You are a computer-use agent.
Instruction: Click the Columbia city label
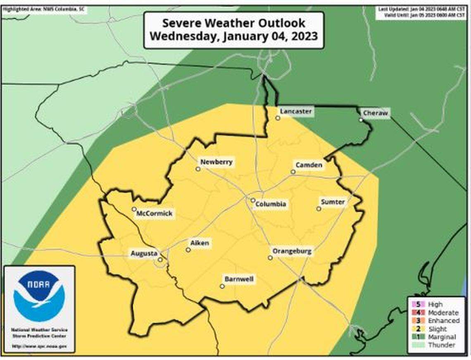tap(271, 204)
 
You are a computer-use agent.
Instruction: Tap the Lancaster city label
tap(295, 111)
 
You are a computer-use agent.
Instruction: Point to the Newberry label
tap(216, 162)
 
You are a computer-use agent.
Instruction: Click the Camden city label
tap(309, 165)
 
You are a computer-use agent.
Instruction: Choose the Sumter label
tap(333, 202)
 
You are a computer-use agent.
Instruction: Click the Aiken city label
tap(200, 243)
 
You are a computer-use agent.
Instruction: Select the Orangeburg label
tap(291, 251)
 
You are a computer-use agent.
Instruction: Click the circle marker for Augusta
tap(160, 260)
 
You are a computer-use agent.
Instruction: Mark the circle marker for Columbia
tap(253, 200)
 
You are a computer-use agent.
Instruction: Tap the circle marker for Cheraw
tap(361, 120)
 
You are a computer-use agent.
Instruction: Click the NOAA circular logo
tap(39, 296)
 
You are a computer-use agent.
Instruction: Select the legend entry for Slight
tap(437, 329)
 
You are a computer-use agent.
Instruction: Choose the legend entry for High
tap(435, 305)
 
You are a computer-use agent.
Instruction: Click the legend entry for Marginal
tap(441, 337)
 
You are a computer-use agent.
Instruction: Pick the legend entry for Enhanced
tap(443, 321)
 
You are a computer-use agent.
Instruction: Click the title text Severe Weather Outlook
tap(233, 23)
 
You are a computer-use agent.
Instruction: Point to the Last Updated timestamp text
tap(422, 9)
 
